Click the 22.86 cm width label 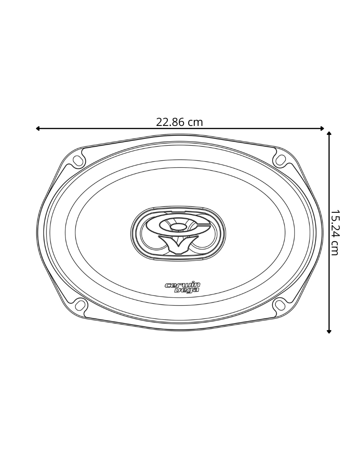(x=179, y=122)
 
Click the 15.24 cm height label (x=334, y=232)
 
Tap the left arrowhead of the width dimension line (x=38, y=128)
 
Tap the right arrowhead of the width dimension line (x=322, y=128)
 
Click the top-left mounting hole (x=78, y=161)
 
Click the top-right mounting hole (x=281, y=160)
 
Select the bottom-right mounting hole (x=280, y=305)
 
